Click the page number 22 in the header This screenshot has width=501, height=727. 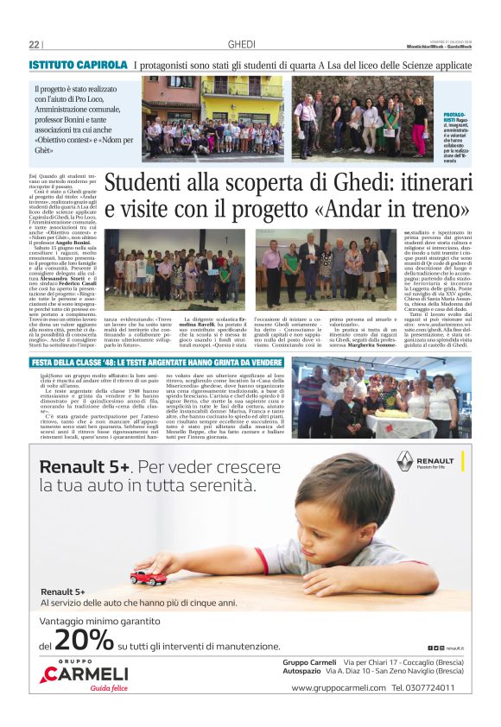34,45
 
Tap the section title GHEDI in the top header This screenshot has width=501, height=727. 241,45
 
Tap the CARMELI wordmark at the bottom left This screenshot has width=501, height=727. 87,673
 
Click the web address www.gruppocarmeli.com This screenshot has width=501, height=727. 339,688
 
